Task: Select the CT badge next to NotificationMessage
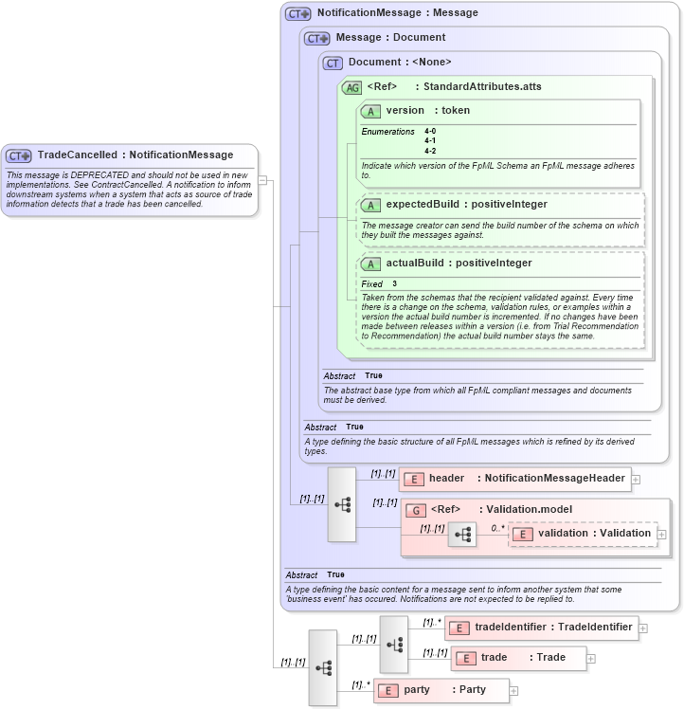pos(298,14)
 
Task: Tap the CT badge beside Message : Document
pos(316,38)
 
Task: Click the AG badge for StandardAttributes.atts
pos(351,87)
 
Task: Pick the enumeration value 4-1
pos(430,140)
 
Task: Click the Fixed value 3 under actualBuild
pos(394,283)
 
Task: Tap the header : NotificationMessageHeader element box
pos(514,479)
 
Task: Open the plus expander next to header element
pos(636,480)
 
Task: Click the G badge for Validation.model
pos(415,509)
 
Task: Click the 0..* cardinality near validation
pos(497,528)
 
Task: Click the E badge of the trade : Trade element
pos(465,658)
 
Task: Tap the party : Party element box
pos(441,690)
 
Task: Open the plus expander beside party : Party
pos(514,691)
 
